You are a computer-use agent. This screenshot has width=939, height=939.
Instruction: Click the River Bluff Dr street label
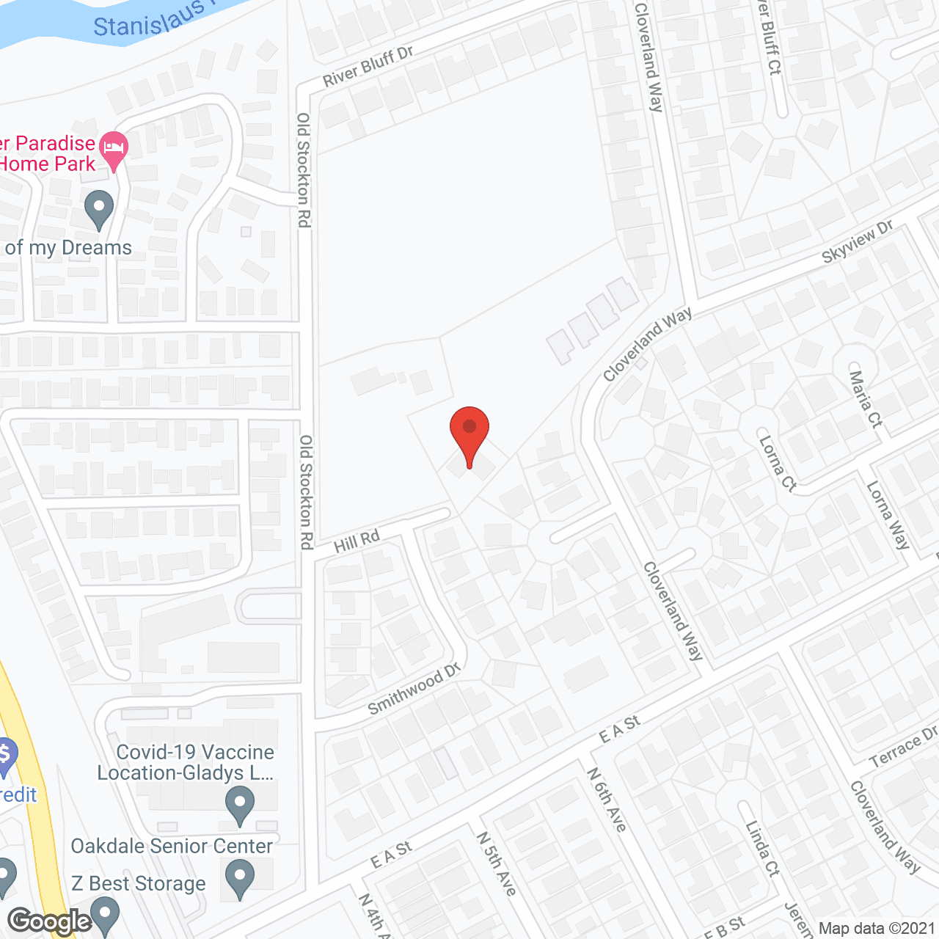point(368,66)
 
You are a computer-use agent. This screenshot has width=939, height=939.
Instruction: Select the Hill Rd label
point(357,541)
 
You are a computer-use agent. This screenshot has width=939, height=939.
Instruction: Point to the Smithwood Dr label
point(414,688)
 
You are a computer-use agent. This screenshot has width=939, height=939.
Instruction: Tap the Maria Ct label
point(866,399)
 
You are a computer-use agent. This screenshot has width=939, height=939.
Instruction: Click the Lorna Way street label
point(888,515)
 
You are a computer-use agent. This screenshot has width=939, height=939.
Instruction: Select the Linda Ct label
point(762,848)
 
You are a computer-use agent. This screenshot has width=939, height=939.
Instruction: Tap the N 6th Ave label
point(607,800)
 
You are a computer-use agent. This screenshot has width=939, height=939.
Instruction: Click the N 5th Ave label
point(497,863)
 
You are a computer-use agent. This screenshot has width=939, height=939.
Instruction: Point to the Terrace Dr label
point(903,747)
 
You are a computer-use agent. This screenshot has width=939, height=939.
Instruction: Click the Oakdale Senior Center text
point(172,846)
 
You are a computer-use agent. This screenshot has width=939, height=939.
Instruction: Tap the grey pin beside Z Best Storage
point(240,878)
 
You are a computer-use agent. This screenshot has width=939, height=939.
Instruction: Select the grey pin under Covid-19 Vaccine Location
point(240,805)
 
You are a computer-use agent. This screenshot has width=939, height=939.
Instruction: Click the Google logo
point(49,921)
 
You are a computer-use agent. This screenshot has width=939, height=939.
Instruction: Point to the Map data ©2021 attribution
point(877,929)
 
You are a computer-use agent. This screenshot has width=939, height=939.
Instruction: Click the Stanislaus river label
point(147,21)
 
